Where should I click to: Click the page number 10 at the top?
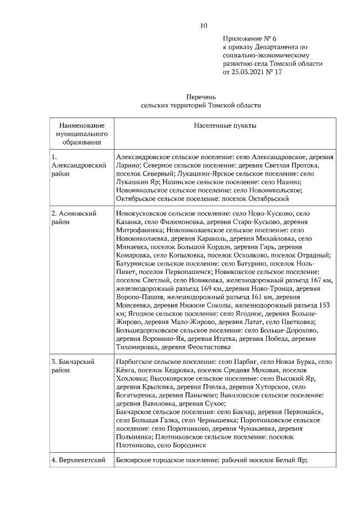point(204,25)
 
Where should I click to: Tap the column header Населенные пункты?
point(224,126)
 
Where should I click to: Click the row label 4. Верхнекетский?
point(79,461)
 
